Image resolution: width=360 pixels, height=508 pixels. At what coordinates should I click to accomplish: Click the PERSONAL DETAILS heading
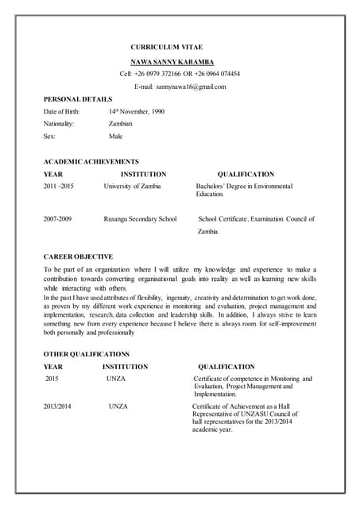78,99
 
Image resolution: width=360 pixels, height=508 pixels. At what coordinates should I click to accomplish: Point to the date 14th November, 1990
137,112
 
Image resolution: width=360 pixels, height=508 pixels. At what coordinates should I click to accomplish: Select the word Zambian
121,125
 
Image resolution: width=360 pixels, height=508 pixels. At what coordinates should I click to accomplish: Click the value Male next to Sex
116,137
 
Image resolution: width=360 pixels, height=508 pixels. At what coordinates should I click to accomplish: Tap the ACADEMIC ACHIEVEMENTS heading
91,161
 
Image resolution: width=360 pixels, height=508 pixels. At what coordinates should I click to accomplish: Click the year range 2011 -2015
59,186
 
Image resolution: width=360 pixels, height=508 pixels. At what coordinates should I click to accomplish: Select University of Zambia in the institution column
132,186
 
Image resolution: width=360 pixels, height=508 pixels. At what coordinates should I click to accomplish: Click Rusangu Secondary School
140,218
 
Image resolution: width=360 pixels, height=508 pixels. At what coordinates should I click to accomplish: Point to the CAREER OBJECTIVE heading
78,256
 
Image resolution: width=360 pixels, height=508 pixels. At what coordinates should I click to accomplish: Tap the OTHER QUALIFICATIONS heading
86,354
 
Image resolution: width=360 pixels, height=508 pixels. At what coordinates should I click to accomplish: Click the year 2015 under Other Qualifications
53,379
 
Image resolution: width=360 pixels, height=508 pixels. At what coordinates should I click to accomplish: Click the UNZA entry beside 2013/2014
118,406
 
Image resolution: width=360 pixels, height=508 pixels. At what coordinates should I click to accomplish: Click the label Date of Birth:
62,112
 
